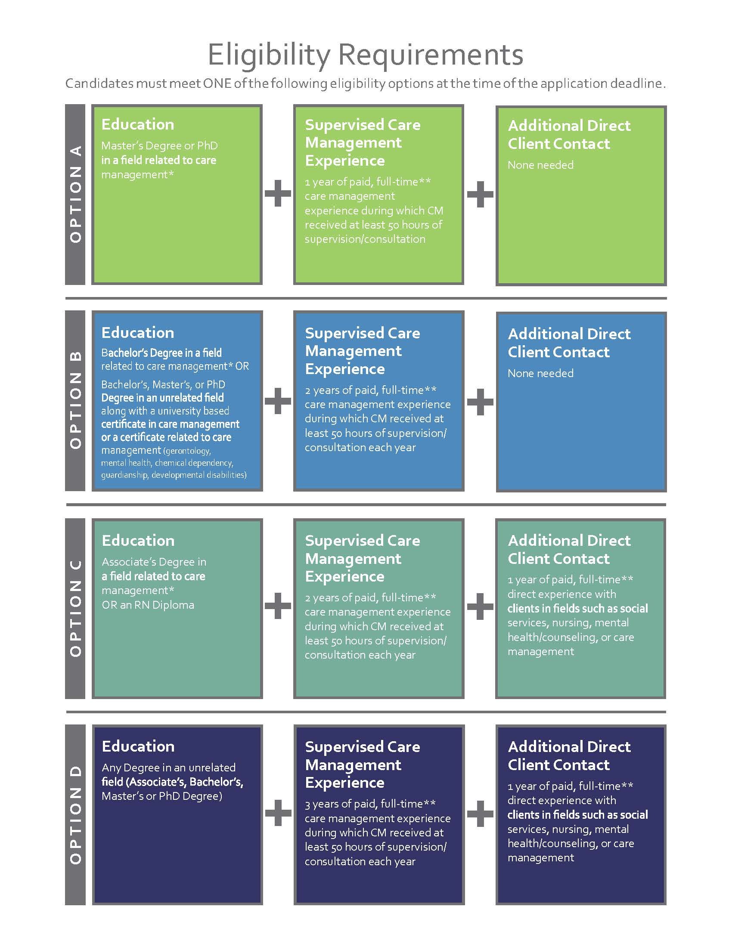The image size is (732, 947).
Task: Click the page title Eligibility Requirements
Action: point(366,55)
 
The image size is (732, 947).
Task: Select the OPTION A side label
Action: point(75,194)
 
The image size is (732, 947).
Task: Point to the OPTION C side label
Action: point(75,608)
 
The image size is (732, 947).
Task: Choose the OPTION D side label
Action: point(75,815)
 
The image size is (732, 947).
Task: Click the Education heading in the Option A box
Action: point(137,124)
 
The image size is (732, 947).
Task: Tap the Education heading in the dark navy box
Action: point(138,746)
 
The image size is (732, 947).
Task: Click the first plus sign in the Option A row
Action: point(278,193)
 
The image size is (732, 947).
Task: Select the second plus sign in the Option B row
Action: point(480,402)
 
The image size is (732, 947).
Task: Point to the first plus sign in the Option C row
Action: point(278,606)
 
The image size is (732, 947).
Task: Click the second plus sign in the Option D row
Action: point(480,813)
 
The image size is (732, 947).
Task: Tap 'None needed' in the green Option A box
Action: point(540,165)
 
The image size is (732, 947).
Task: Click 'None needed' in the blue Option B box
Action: point(540,373)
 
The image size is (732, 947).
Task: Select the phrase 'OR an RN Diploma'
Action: point(148,605)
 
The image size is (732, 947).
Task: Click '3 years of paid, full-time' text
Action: point(370,805)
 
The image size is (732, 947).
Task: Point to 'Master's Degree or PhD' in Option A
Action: point(160,145)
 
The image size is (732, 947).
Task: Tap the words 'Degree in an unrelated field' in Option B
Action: point(163,398)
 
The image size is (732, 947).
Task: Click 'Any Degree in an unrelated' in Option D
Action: point(169,768)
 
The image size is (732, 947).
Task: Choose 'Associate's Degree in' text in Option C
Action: point(154,562)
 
